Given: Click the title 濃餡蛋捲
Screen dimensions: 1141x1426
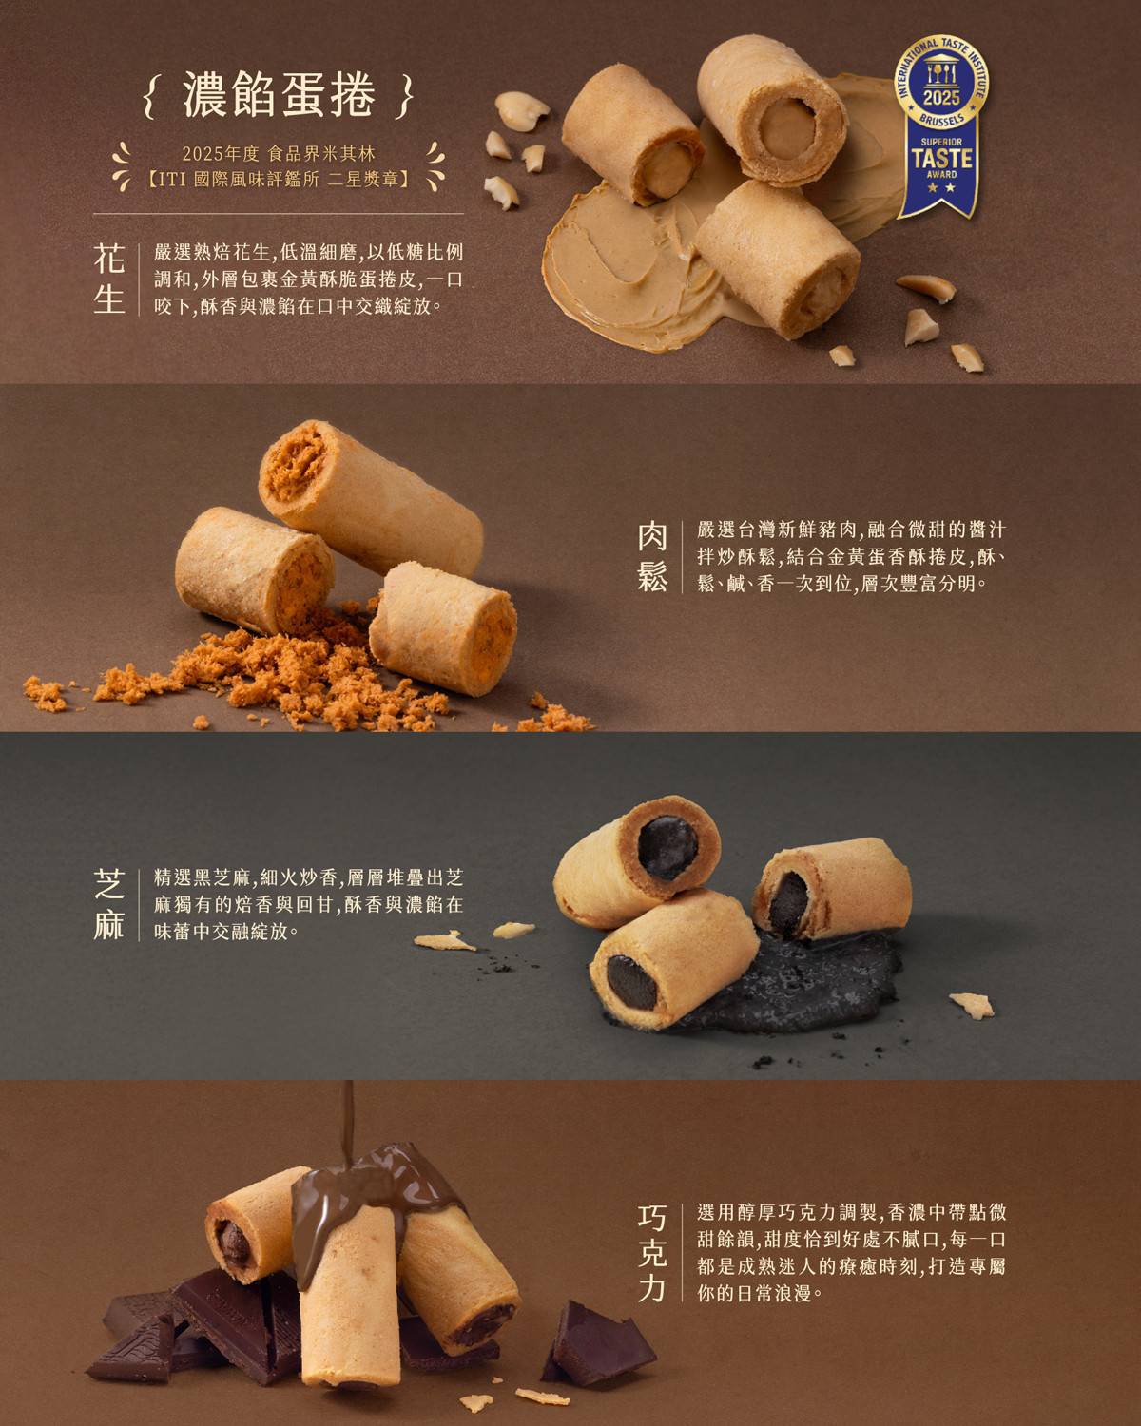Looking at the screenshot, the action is point(280,95).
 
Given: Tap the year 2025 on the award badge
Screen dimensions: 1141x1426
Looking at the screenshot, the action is point(941,98).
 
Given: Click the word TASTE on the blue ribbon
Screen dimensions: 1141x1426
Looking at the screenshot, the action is point(941,159).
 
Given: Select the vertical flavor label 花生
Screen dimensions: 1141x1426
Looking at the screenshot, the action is point(109,279).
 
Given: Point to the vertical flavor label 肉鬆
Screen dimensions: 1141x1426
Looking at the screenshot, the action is point(652,557).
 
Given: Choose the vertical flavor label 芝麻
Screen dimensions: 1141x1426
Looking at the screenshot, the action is point(109,904).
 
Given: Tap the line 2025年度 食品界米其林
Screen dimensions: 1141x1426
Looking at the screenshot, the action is point(280,154).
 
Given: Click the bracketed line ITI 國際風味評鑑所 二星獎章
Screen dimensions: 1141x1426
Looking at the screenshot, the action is point(280,180).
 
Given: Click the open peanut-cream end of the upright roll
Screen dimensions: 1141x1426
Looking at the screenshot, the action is point(786,129).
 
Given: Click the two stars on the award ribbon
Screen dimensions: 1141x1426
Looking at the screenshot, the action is point(941,188).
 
